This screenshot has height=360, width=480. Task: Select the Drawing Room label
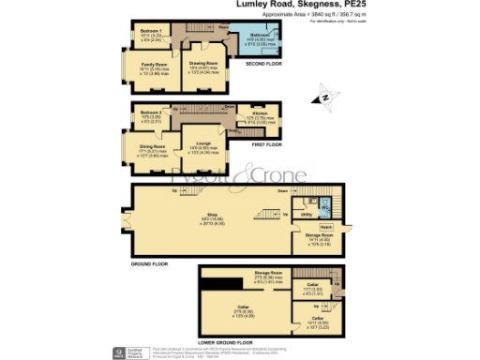click(202, 64)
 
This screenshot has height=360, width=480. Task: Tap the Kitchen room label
click(259, 113)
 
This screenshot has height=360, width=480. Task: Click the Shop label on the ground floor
click(212, 217)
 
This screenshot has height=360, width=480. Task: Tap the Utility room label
click(307, 215)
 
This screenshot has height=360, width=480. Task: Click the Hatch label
click(326, 227)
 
